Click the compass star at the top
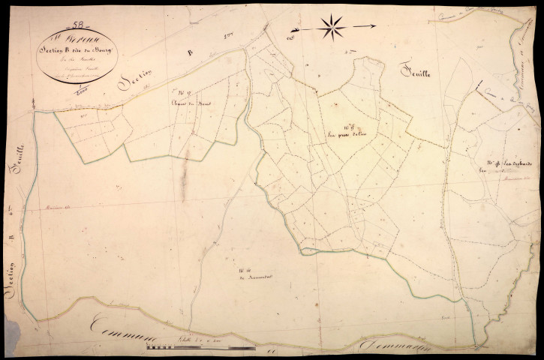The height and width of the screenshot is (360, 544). [x=331, y=27]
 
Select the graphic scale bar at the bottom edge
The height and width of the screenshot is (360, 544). [x=197, y=348]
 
